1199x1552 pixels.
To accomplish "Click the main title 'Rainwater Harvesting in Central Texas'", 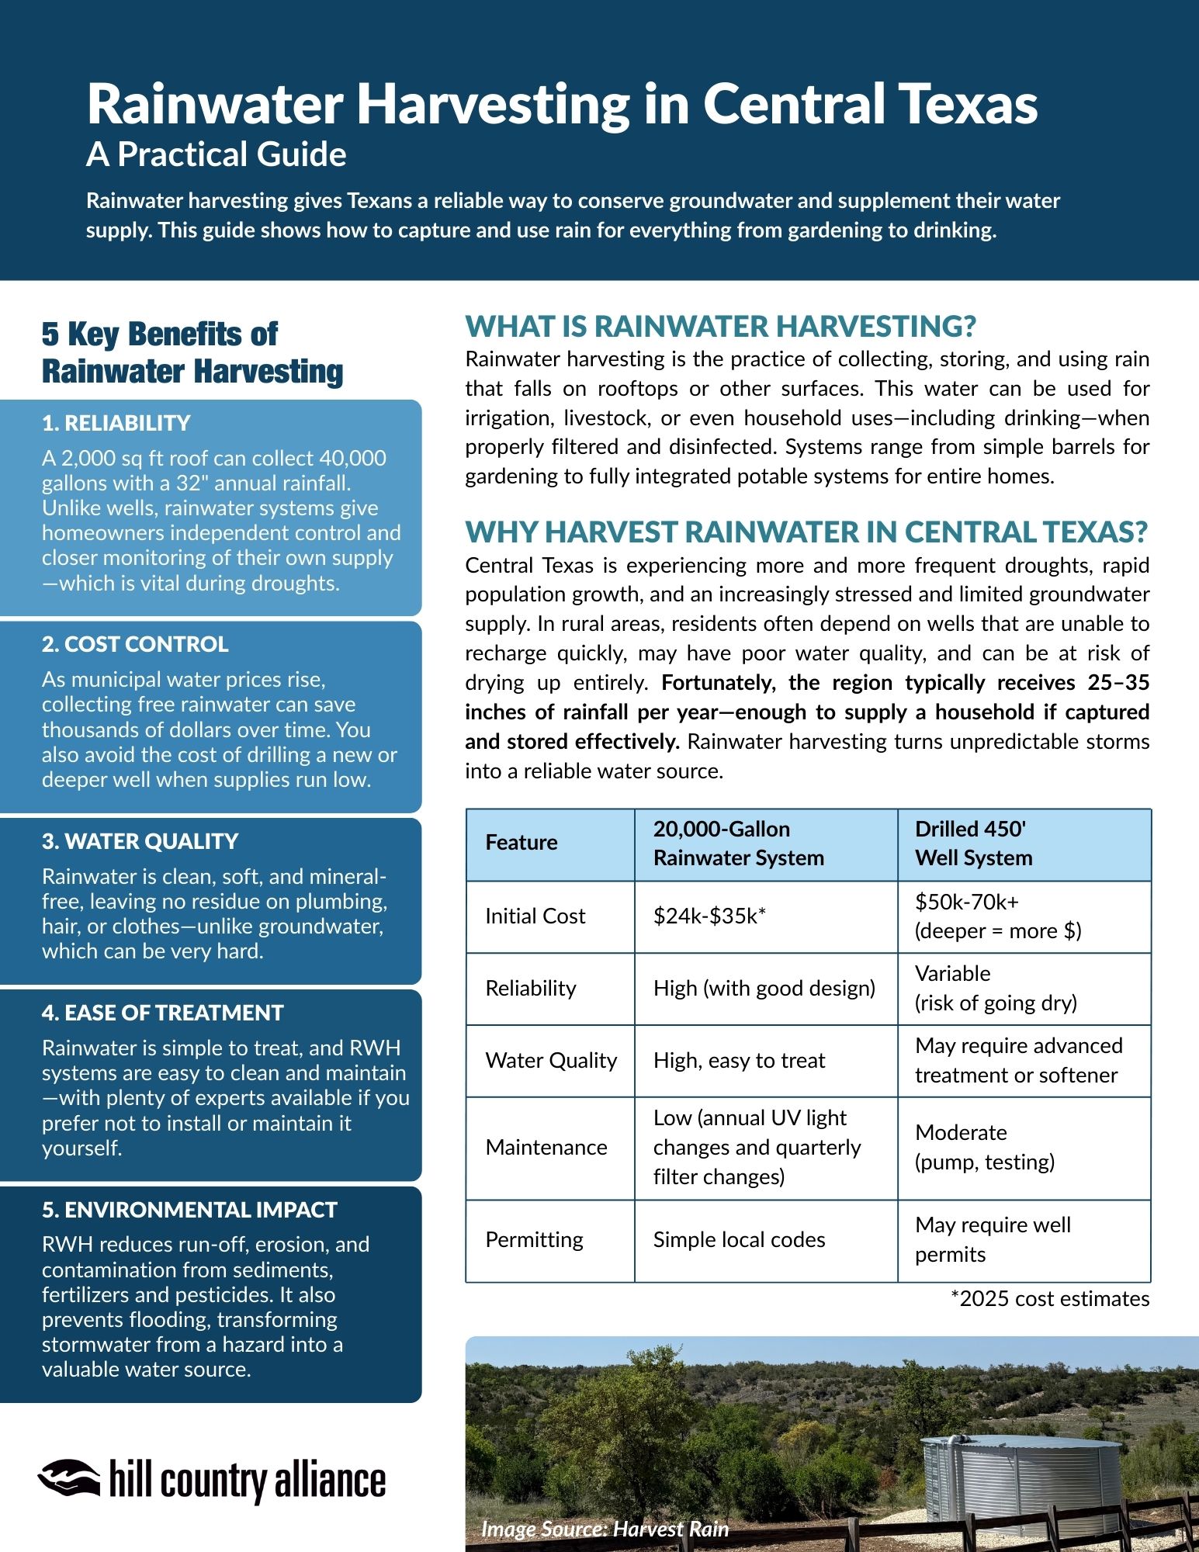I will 562,104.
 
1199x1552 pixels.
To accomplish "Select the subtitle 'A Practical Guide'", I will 216,154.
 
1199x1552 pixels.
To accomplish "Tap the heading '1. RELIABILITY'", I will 116,423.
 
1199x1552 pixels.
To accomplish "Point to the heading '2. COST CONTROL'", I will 135,644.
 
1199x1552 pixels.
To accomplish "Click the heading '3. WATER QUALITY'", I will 140,841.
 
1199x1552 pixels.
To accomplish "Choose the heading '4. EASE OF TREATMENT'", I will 162,1013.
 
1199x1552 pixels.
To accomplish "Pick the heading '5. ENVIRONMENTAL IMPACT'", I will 189,1210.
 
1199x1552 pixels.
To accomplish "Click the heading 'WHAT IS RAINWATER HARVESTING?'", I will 720,327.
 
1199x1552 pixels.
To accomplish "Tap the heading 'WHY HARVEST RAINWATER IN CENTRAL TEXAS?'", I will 806,532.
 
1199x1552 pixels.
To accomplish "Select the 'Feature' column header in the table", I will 522,843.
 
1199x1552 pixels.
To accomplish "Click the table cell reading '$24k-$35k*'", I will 709,916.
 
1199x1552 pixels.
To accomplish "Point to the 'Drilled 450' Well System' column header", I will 973,844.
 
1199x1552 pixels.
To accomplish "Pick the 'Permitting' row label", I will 534,1239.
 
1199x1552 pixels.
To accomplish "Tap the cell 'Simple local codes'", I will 739,1239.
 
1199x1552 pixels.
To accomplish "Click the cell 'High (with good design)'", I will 764,988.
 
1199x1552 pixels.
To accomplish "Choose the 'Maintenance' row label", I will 546,1147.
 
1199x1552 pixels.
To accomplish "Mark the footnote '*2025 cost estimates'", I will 1049,1299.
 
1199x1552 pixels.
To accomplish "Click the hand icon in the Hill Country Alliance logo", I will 69,1477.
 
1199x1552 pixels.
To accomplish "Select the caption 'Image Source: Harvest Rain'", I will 605,1529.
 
